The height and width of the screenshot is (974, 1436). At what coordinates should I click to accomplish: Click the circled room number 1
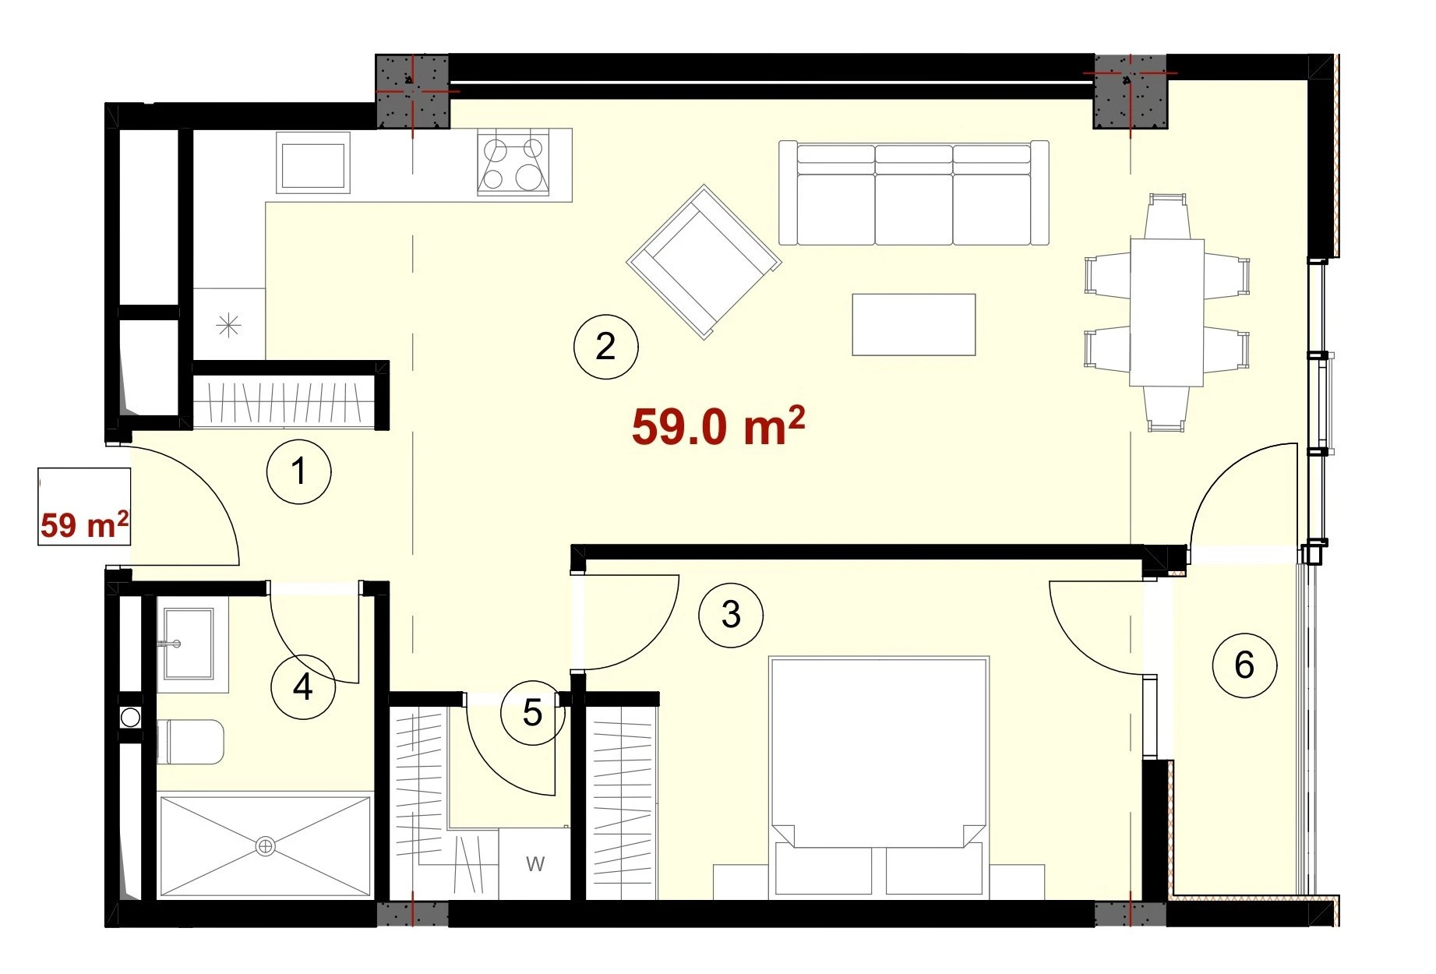point(299,471)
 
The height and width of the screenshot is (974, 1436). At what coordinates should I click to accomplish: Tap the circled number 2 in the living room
point(605,347)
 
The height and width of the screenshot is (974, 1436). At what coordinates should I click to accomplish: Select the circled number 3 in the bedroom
point(731,615)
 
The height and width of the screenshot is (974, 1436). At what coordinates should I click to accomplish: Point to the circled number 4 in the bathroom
point(302,687)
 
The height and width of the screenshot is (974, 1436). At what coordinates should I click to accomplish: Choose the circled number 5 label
point(533,712)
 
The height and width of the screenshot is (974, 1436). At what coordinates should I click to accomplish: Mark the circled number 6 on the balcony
point(1244,665)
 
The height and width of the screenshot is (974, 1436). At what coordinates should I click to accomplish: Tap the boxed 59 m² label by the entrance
point(84,507)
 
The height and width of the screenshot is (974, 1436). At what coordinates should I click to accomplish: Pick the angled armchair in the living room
point(704,262)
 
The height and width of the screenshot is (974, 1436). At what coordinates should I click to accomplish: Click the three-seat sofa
point(914,193)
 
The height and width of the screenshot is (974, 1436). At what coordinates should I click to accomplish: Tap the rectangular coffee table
point(914,324)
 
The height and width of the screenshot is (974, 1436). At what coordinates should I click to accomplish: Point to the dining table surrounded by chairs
point(1167,312)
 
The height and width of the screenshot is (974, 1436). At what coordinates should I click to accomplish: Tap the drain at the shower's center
point(266,845)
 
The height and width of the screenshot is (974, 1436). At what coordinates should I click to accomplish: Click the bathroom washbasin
point(188,644)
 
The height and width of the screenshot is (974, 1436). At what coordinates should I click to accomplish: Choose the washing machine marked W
point(535,863)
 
